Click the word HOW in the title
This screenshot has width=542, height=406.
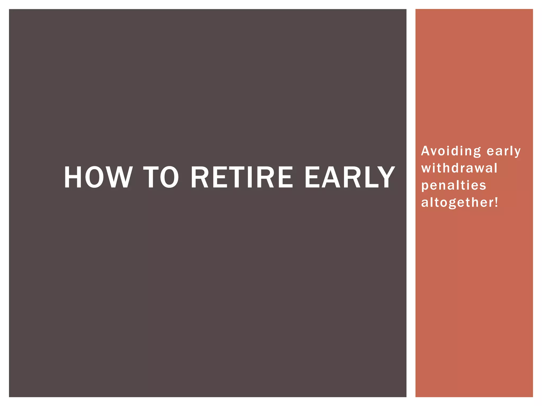[98, 177]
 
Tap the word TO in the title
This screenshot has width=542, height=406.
[161, 177]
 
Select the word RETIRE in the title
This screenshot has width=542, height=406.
[242, 177]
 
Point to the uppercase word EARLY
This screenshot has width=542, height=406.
[350, 177]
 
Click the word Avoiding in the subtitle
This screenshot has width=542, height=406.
[451, 151]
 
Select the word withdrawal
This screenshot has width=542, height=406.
[459, 168]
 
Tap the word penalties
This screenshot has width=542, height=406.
[454, 185]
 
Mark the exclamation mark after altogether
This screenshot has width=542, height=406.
[496, 202]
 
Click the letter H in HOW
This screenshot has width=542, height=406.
[73, 177]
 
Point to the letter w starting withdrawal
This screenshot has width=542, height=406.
[426, 168]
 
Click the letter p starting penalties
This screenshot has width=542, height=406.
[425, 186]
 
